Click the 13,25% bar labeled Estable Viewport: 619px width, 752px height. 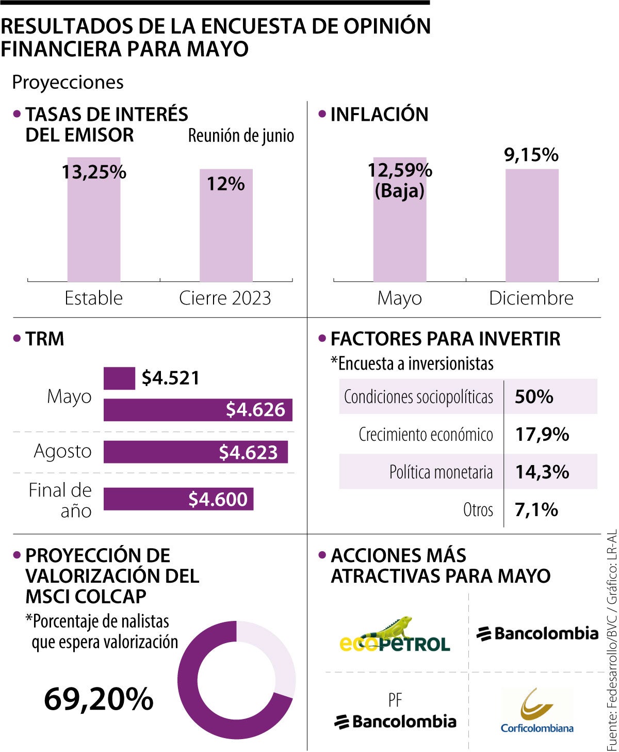coord(94,227)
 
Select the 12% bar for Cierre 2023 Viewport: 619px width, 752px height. coord(226,232)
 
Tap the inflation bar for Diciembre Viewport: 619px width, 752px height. coord(531,227)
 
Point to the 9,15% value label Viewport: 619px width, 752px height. coord(531,155)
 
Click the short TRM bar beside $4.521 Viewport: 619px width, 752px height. coord(119,378)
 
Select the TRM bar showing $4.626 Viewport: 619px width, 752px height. coord(198,410)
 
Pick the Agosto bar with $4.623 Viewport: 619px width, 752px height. coord(196,452)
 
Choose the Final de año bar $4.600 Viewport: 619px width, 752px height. coord(178,499)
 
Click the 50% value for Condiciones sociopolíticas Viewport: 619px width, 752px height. coord(534,397)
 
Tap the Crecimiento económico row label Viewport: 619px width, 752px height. coord(426,435)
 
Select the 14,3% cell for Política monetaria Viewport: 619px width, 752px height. coord(542,472)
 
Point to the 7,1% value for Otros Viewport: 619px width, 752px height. coord(536,510)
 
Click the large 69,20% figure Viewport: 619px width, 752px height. coord(99,699)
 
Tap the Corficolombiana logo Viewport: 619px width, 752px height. coord(537,711)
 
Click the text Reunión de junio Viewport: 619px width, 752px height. coord(241,136)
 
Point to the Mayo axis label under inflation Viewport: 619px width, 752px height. coord(399,298)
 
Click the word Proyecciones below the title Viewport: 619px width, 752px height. coord(68,83)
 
